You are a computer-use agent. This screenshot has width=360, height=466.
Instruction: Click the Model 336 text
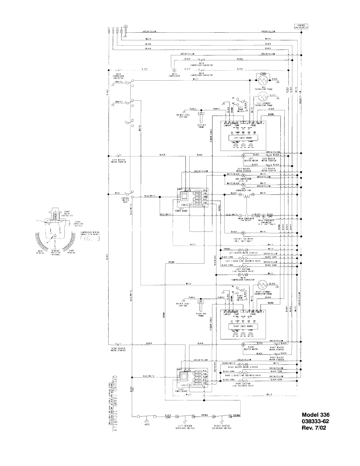tap(316, 415)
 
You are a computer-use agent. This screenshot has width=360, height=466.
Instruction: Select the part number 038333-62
tap(316, 421)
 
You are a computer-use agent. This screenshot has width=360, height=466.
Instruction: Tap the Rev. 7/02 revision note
tap(314, 427)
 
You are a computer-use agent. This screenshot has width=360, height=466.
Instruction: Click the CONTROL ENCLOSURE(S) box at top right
tap(301, 26)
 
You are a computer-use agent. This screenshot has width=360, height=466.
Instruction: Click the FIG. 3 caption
tap(90, 238)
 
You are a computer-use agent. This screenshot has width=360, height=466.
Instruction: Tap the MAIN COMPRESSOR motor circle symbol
tap(174, 70)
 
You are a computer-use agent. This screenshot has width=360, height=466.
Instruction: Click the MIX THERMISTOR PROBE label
tap(264, 88)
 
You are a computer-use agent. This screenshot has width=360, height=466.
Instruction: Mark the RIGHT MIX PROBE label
tap(201, 315)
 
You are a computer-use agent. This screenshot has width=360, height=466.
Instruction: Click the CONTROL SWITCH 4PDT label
tap(125, 200)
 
